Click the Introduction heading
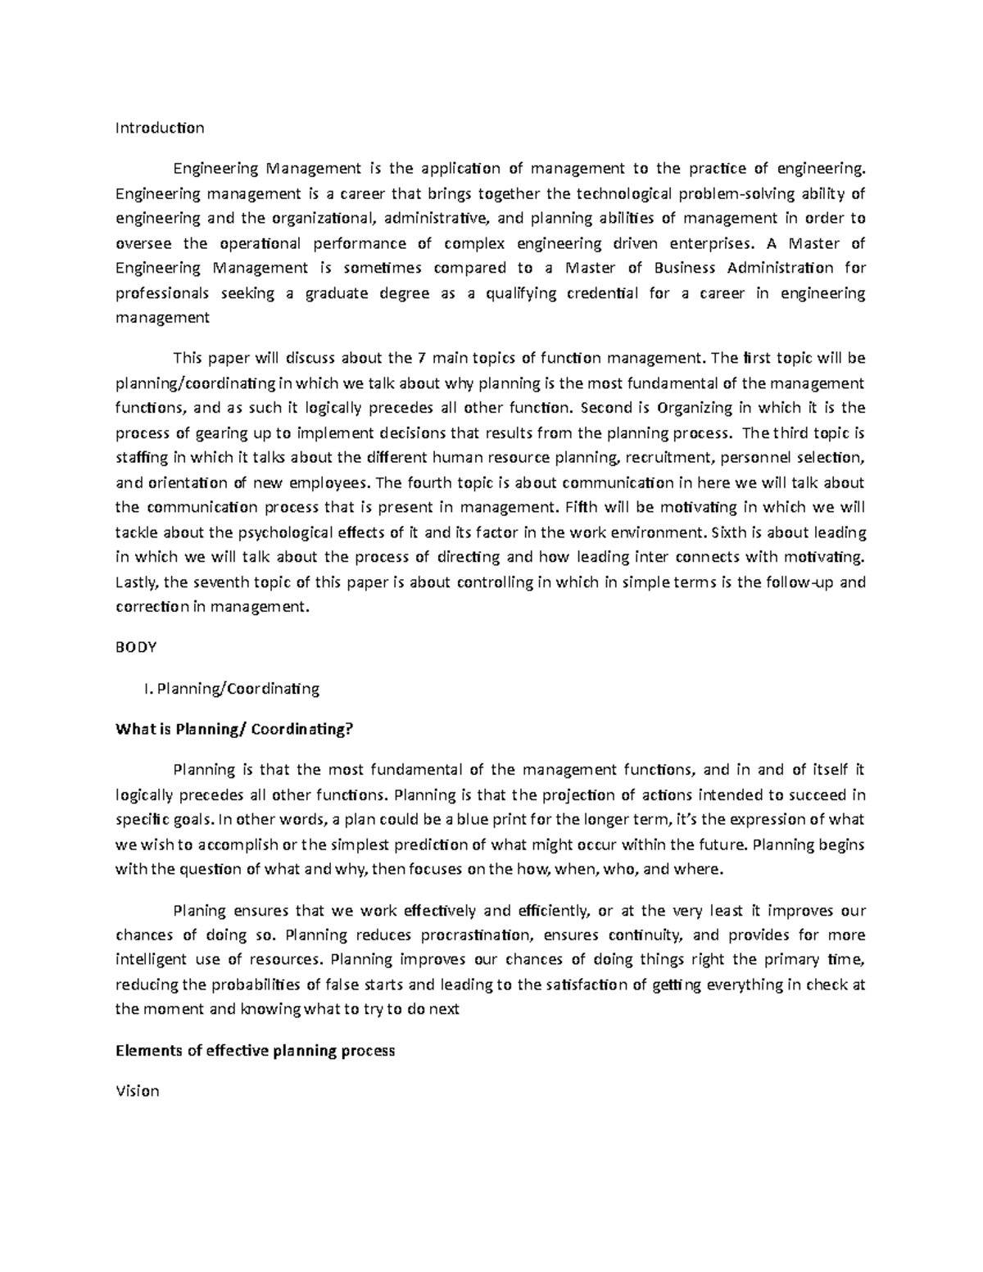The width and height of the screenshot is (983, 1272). click(x=160, y=128)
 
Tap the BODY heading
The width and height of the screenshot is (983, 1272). click(x=136, y=647)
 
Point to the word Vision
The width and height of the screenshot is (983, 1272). click(x=138, y=1091)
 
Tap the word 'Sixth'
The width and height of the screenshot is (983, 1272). click(x=728, y=532)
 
